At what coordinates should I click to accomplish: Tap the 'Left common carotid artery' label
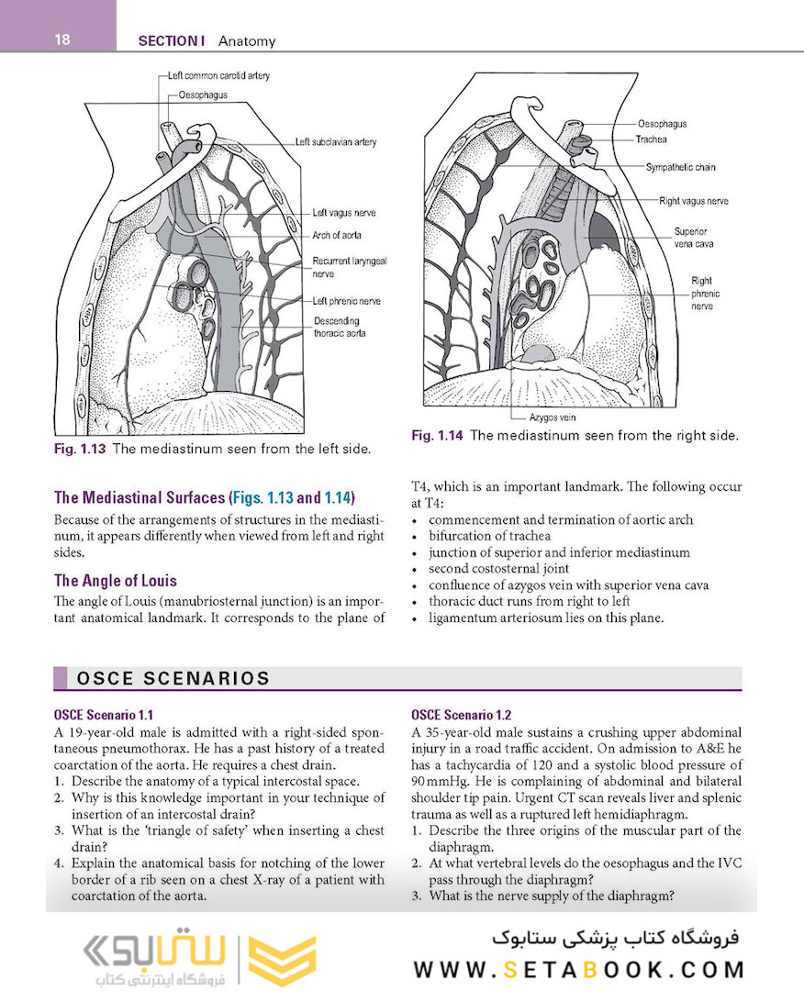point(219,76)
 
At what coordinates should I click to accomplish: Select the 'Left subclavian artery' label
point(336,142)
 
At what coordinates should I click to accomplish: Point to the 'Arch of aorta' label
point(337,236)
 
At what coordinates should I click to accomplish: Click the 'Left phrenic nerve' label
point(346,301)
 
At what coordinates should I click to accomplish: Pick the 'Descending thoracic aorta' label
point(340,328)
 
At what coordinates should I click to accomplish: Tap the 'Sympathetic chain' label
point(680,168)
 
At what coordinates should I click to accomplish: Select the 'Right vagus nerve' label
point(694,201)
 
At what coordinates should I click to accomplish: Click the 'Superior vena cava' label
point(694,238)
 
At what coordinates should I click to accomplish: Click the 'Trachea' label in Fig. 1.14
point(651,139)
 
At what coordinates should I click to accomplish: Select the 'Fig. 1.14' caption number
point(437,436)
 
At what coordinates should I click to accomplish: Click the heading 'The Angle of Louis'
point(116,581)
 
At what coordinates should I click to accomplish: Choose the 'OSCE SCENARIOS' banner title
point(172,679)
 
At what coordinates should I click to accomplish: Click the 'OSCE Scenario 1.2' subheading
point(462,715)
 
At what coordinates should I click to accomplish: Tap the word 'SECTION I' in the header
point(171,40)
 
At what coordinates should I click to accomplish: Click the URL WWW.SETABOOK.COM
point(578,969)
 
